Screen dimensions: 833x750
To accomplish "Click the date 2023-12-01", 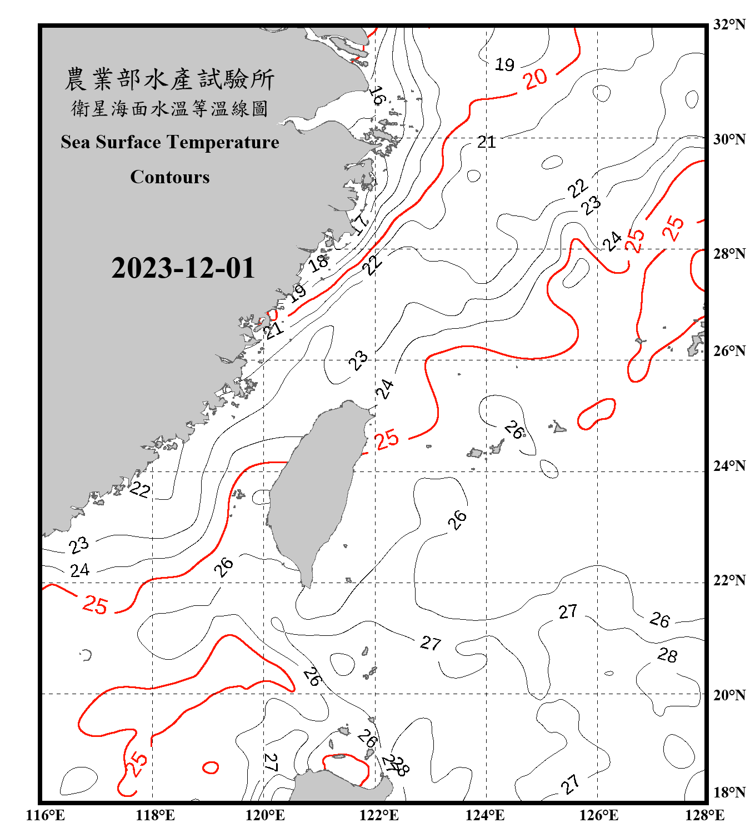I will pyautogui.click(x=183, y=268).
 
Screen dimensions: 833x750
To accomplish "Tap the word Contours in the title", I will pyautogui.click(x=170, y=177).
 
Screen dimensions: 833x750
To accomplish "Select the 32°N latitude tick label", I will pyautogui.click(x=729, y=24).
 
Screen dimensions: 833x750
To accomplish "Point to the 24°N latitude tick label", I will pyautogui.click(x=729, y=466).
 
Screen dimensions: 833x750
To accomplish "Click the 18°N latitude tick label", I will pyautogui.click(x=729, y=792).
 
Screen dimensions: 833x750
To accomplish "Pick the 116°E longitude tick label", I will pyautogui.click(x=46, y=815).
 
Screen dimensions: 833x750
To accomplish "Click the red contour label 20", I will pyautogui.click(x=536, y=79).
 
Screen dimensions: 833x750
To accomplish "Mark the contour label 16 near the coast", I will pyautogui.click(x=377, y=96).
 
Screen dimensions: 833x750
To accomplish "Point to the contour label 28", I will pyautogui.click(x=667, y=655).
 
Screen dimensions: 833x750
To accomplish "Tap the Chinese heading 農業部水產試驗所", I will pyautogui.click(x=169, y=79).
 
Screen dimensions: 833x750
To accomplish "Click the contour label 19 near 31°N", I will pyautogui.click(x=504, y=64).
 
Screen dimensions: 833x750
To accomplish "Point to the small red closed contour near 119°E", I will pyautogui.click(x=211, y=767).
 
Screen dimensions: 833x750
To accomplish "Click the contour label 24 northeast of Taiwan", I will pyautogui.click(x=384, y=389).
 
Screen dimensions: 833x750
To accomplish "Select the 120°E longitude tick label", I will pyautogui.click(x=265, y=815).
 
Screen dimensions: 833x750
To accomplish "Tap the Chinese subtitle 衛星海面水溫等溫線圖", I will pyautogui.click(x=169, y=108).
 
